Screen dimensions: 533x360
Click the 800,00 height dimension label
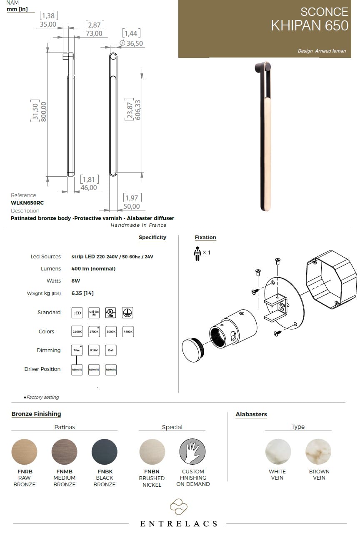coord(42,111)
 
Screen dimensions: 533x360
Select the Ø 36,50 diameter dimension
coord(131,43)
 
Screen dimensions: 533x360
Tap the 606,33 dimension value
coord(137,110)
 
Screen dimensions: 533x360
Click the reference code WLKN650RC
coord(27,203)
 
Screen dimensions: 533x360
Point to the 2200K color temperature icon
coord(77,332)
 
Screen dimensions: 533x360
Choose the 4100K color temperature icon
coord(128,332)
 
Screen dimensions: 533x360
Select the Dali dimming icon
coord(111,350)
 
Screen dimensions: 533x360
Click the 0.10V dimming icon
coord(94,350)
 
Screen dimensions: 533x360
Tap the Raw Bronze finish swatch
coord(24,452)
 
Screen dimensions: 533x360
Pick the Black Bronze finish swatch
coord(104,452)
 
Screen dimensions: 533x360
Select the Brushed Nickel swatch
coord(152,452)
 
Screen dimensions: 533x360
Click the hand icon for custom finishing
coord(192,452)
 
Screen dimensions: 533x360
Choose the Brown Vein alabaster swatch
coord(318,452)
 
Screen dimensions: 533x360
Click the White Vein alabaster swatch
coord(278,452)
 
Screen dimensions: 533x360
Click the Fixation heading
coord(205,238)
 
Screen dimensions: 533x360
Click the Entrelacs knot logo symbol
coord(179,507)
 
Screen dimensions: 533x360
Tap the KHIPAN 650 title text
coord(310,25)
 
